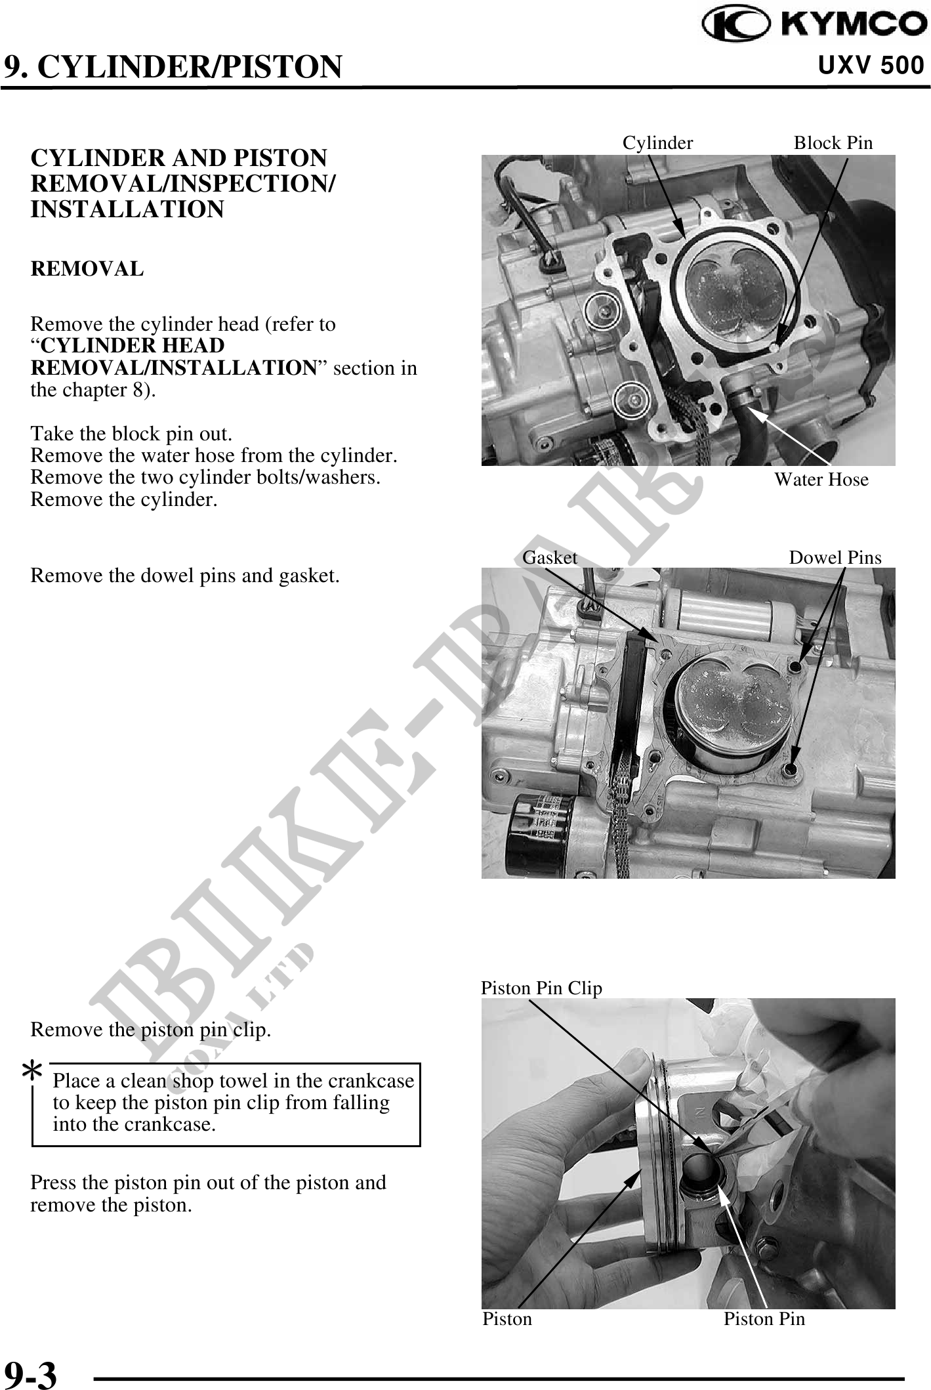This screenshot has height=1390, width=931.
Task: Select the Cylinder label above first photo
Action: (657, 143)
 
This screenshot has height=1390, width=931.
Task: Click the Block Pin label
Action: (833, 143)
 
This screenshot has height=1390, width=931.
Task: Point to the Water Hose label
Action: (821, 480)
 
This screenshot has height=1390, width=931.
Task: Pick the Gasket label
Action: (550, 558)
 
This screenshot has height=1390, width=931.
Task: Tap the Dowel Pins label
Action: (835, 558)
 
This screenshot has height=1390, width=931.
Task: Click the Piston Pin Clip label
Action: (541, 988)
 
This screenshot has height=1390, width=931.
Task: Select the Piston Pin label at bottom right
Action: (764, 1318)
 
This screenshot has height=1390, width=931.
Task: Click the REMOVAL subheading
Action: (87, 269)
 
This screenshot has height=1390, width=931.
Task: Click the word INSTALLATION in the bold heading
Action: (127, 209)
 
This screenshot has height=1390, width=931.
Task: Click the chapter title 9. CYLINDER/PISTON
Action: (173, 67)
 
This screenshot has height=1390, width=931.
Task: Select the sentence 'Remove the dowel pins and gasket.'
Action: (185, 576)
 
